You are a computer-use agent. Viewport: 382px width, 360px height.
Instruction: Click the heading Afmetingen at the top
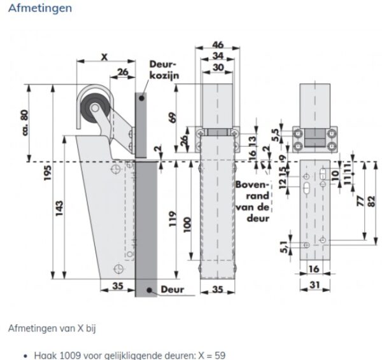pos(39,9)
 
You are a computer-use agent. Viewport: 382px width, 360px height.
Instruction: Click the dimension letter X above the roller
pos(103,55)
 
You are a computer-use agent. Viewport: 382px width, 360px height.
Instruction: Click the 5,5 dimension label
pos(275,135)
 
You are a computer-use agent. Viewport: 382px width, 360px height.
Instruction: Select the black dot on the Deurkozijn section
pos(144,99)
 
